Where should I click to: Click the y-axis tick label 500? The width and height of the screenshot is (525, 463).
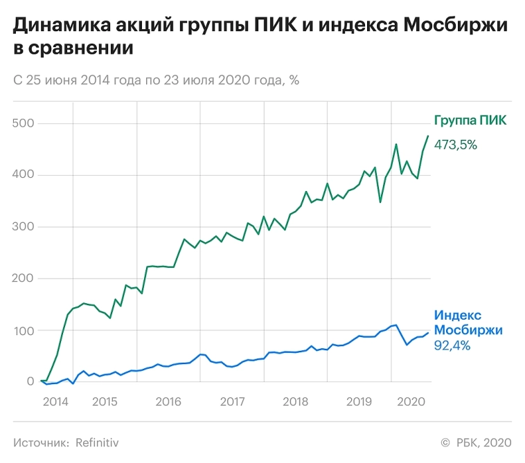(x=24, y=123)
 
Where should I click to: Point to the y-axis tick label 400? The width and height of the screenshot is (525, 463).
(x=24, y=175)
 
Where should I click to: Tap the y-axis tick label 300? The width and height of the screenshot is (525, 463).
(x=24, y=227)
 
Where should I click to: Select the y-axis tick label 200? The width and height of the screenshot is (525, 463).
(x=24, y=278)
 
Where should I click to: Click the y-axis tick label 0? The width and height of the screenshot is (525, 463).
(x=30, y=381)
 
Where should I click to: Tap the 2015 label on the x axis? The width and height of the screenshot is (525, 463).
(x=105, y=401)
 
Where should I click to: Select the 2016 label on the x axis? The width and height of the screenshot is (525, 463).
(x=168, y=401)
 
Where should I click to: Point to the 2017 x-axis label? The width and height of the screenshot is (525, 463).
(x=232, y=401)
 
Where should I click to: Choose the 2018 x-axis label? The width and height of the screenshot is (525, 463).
(x=296, y=401)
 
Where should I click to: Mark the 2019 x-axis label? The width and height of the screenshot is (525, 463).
(x=359, y=401)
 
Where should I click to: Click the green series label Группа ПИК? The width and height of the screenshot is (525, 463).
(x=470, y=120)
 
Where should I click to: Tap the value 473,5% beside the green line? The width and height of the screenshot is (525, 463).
(x=455, y=145)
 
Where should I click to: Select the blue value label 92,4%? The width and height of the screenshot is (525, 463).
(x=452, y=345)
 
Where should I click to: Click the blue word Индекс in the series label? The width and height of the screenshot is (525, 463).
(x=457, y=315)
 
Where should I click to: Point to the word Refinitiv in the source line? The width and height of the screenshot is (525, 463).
(x=102, y=442)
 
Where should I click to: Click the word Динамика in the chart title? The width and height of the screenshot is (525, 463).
(x=55, y=26)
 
